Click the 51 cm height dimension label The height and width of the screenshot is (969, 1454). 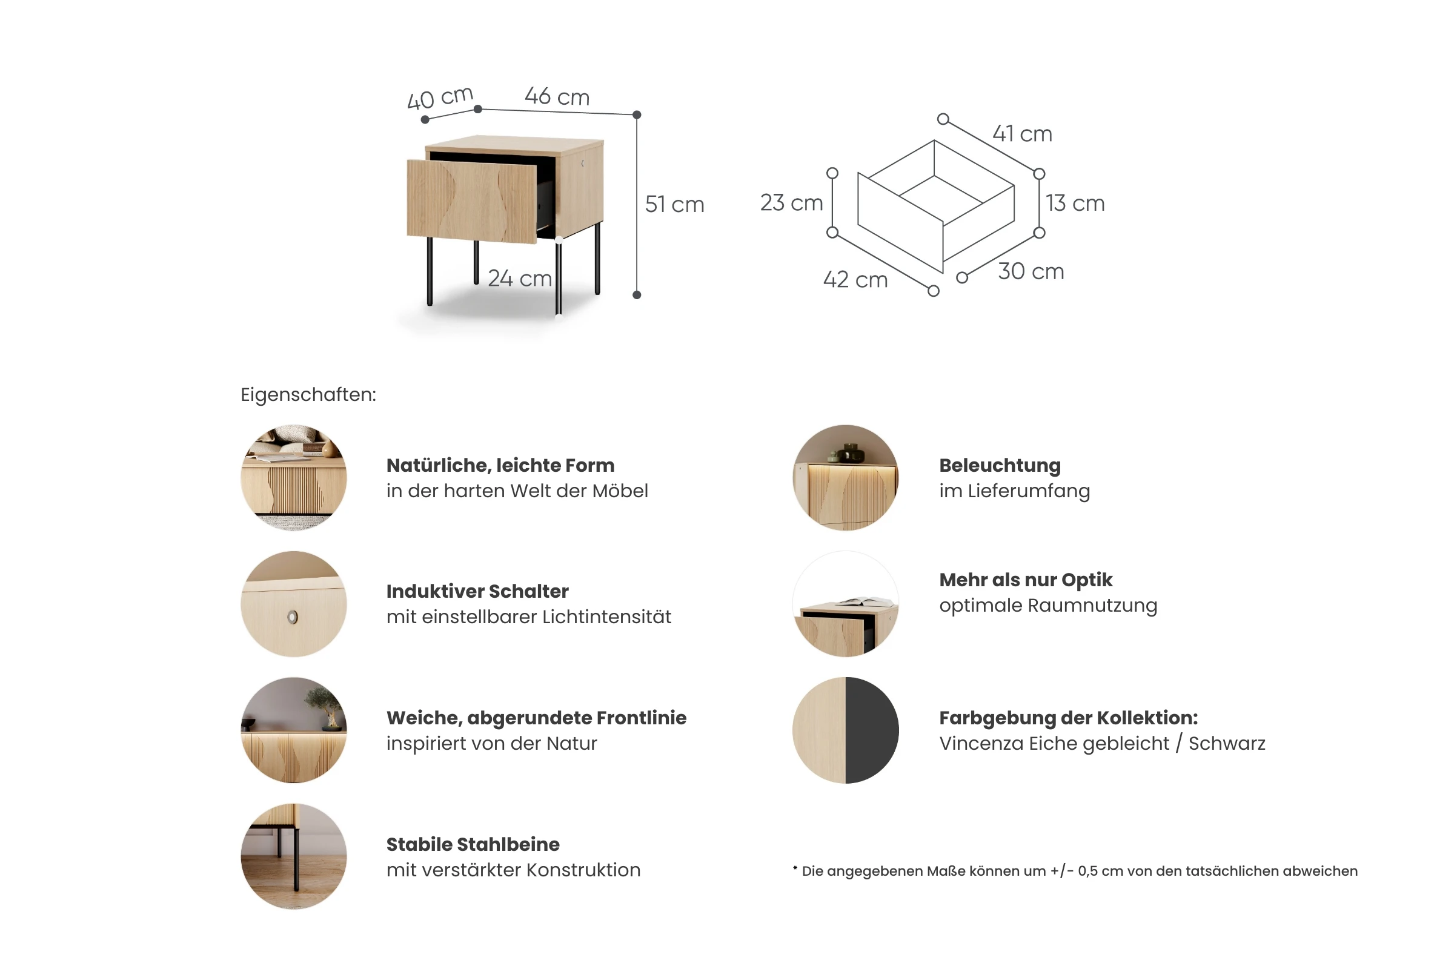[674, 205]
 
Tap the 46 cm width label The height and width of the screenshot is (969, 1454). [557, 97]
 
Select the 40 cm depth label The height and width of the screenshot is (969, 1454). [440, 98]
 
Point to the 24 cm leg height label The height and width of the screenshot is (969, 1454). [519, 279]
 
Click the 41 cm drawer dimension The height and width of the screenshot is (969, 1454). [1023, 133]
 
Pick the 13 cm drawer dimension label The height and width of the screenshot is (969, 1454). [1075, 203]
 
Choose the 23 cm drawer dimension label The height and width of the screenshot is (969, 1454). [791, 203]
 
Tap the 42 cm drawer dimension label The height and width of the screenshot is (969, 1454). [855, 280]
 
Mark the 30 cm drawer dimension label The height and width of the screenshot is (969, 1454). [1031, 271]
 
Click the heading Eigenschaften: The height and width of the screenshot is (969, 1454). [308, 395]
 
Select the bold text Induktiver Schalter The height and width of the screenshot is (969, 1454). [477, 592]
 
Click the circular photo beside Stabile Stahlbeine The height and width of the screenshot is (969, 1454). [294, 856]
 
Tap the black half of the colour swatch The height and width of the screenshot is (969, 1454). [872, 730]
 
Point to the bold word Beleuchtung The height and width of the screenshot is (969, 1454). [1000, 465]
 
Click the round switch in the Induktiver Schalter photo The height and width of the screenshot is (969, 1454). [293, 617]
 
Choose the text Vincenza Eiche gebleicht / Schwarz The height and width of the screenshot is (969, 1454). [1102, 744]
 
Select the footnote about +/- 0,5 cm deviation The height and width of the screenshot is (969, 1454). [1075, 871]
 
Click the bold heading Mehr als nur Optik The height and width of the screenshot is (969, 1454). [1026, 580]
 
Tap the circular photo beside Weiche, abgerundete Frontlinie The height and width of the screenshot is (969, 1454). [294, 730]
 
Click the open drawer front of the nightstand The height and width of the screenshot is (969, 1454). [472, 202]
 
